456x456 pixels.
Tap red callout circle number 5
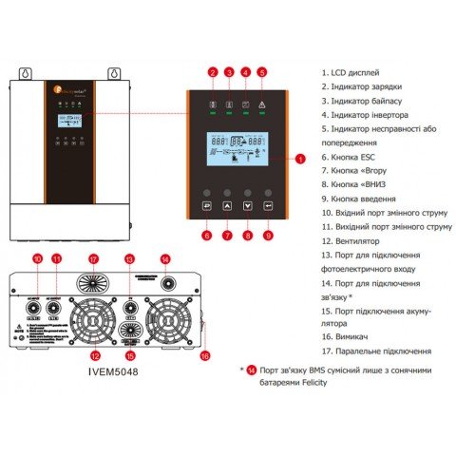[x=262, y=71]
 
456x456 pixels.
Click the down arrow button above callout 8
[x=247, y=204]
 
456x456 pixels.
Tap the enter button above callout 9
[x=268, y=204]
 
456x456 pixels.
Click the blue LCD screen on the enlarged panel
[x=237, y=152]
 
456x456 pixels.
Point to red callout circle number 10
[x=38, y=258]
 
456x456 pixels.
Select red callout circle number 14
[x=165, y=258]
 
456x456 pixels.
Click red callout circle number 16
[x=204, y=355]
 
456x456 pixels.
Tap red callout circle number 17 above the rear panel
[x=93, y=258]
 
